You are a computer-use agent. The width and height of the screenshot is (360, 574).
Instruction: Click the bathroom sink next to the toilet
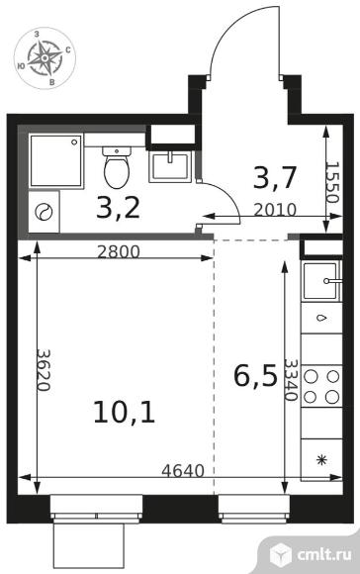171,163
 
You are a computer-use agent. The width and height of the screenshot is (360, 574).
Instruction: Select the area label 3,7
274,179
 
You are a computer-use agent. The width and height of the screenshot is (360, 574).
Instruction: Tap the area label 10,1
129,411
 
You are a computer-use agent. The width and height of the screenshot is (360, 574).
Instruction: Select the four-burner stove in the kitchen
320,387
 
